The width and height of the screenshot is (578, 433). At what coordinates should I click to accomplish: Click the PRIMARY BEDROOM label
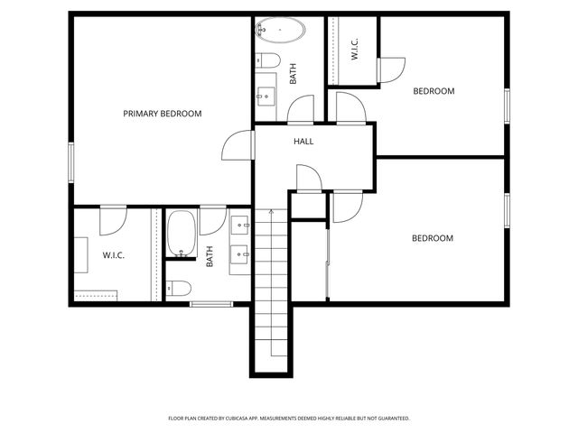(x=162, y=114)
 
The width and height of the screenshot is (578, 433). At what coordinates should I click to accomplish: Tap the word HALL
(x=303, y=142)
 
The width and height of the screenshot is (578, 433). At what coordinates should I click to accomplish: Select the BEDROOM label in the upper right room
(x=433, y=91)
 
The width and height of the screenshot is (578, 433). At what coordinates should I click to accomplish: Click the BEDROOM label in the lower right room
(x=433, y=238)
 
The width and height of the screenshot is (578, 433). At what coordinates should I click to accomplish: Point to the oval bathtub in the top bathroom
(x=280, y=33)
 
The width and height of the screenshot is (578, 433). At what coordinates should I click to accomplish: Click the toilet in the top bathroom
(x=267, y=61)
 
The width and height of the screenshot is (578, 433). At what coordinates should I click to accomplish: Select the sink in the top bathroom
(x=266, y=94)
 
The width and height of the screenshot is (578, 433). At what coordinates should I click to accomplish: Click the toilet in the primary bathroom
(x=179, y=288)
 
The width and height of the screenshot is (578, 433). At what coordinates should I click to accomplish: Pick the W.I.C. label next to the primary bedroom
(x=113, y=255)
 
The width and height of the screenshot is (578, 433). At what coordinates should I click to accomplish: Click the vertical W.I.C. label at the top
(x=355, y=50)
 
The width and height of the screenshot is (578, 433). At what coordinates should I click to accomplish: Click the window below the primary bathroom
(x=211, y=304)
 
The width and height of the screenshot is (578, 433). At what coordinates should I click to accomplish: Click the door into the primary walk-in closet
(x=112, y=219)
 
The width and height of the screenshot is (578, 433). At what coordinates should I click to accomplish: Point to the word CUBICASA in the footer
(x=258, y=419)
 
